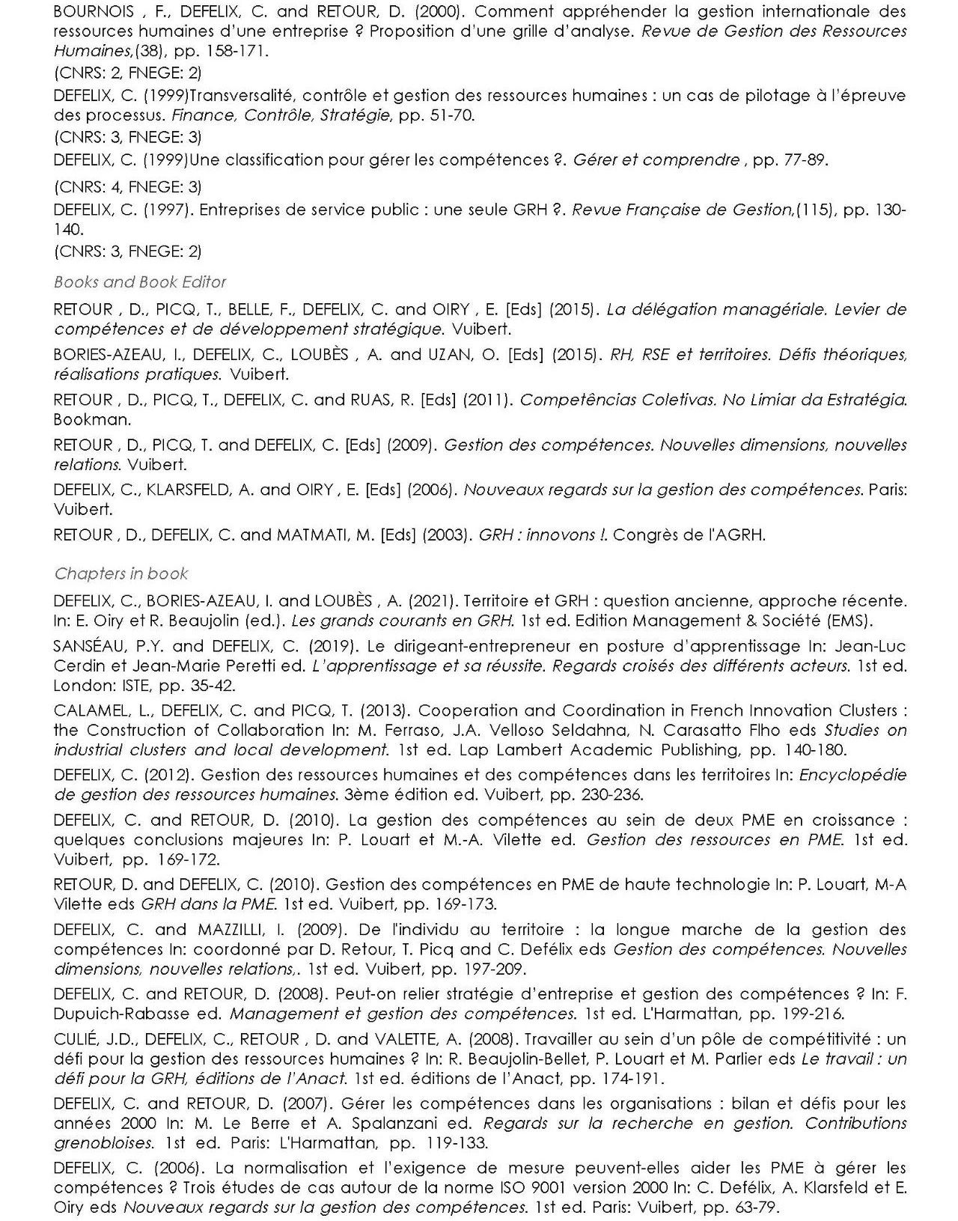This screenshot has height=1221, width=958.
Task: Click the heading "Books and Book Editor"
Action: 140,282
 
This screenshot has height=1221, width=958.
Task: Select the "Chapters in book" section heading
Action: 120,573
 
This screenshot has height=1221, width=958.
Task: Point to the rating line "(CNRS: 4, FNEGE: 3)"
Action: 127,186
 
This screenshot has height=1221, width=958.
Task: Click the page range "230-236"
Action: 613,794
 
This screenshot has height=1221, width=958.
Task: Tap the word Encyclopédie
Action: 852,775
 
